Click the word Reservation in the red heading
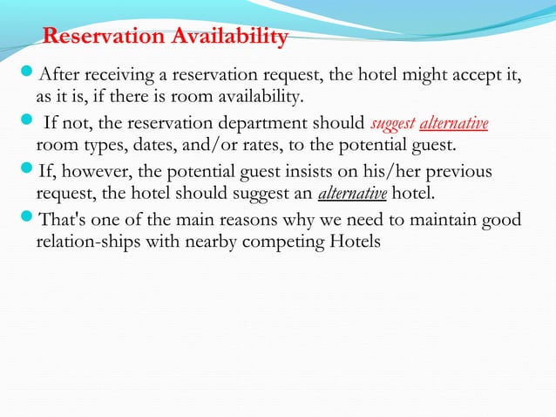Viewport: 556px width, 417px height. pyautogui.click(x=102, y=37)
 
